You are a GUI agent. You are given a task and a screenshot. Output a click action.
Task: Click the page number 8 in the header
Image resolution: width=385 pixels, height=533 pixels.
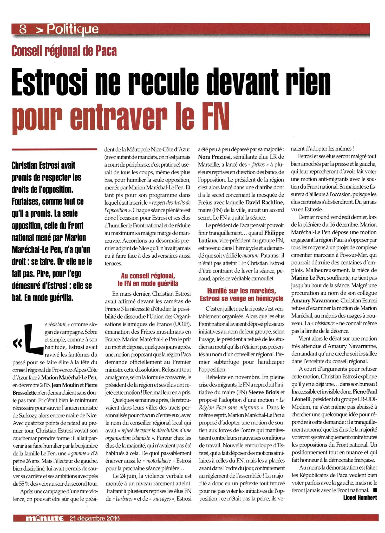23,29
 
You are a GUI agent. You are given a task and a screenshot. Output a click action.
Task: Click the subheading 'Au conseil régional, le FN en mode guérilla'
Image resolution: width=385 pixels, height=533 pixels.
148,280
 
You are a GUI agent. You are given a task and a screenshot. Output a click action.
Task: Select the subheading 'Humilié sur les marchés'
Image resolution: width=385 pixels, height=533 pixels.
242,291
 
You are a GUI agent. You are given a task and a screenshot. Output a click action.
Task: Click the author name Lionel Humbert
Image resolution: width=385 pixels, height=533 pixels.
360,498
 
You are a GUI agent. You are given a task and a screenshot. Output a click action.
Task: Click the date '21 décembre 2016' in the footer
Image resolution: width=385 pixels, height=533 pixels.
95,518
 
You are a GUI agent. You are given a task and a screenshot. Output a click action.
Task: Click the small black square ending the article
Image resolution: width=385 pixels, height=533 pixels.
375,490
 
